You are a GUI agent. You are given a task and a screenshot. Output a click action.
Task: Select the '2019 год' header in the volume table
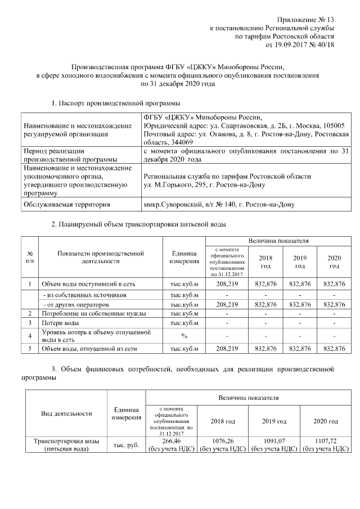[300, 261]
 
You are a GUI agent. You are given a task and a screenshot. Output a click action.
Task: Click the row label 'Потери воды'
[60, 323]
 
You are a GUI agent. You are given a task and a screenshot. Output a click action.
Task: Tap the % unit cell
[184, 336]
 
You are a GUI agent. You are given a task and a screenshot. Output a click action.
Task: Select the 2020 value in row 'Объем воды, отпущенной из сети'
[334, 349]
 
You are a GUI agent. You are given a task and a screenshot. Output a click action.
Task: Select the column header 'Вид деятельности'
[67, 413]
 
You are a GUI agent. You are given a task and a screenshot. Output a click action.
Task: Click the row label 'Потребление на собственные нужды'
[94, 313]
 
